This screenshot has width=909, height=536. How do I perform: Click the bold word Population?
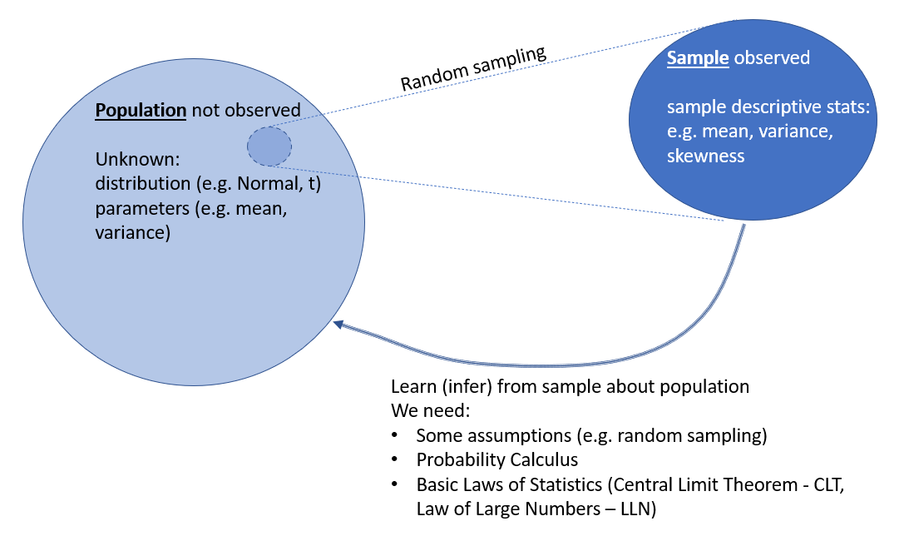pyautogui.click(x=141, y=111)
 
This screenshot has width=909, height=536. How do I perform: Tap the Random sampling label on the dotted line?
pyautogui.click(x=473, y=69)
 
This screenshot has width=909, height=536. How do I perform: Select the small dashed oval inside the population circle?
pyautogui.click(x=269, y=146)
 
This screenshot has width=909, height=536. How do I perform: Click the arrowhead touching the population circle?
pyautogui.click(x=338, y=325)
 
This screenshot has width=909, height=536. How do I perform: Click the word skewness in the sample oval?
pyautogui.click(x=706, y=156)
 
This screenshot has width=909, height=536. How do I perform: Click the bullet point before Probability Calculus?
pyautogui.click(x=397, y=460)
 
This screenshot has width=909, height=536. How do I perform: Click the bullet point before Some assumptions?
pyautogui.click(x=397, y=435)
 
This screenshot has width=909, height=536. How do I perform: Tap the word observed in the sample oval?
pyautogui.click(x=772, y=58)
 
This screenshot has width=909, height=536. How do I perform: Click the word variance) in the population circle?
pyautogui.click(x=133, y=232)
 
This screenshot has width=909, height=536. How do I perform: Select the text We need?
pyautogui.click(x=423, y=411)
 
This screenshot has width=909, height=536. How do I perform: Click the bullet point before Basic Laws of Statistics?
pyautogui.click(x=397, y=484)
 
